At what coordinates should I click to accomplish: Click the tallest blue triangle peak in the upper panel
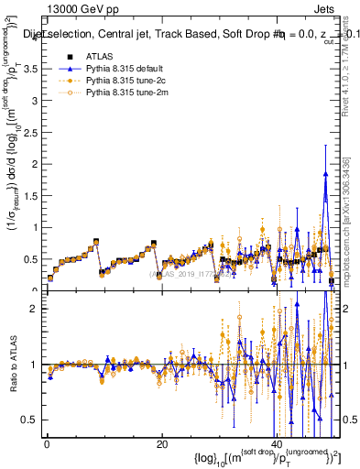tap(325, 173)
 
